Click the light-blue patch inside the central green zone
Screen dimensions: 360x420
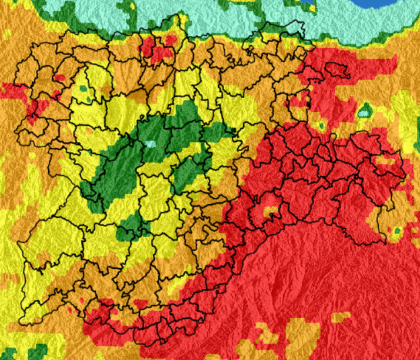tap(151, 144)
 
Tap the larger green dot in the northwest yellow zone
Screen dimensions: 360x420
tap(83, 88)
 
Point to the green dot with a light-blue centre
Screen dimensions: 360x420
tap(365, 110)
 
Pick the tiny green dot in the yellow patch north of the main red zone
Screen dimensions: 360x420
tap(321, 125)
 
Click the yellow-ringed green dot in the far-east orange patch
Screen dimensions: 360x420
tap(396, 230)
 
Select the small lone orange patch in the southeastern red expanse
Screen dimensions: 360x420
tap(340, 317)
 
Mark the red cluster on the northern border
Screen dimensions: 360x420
tap(158, 49)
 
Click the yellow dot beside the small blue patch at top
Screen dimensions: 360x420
tap(303, 8)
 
